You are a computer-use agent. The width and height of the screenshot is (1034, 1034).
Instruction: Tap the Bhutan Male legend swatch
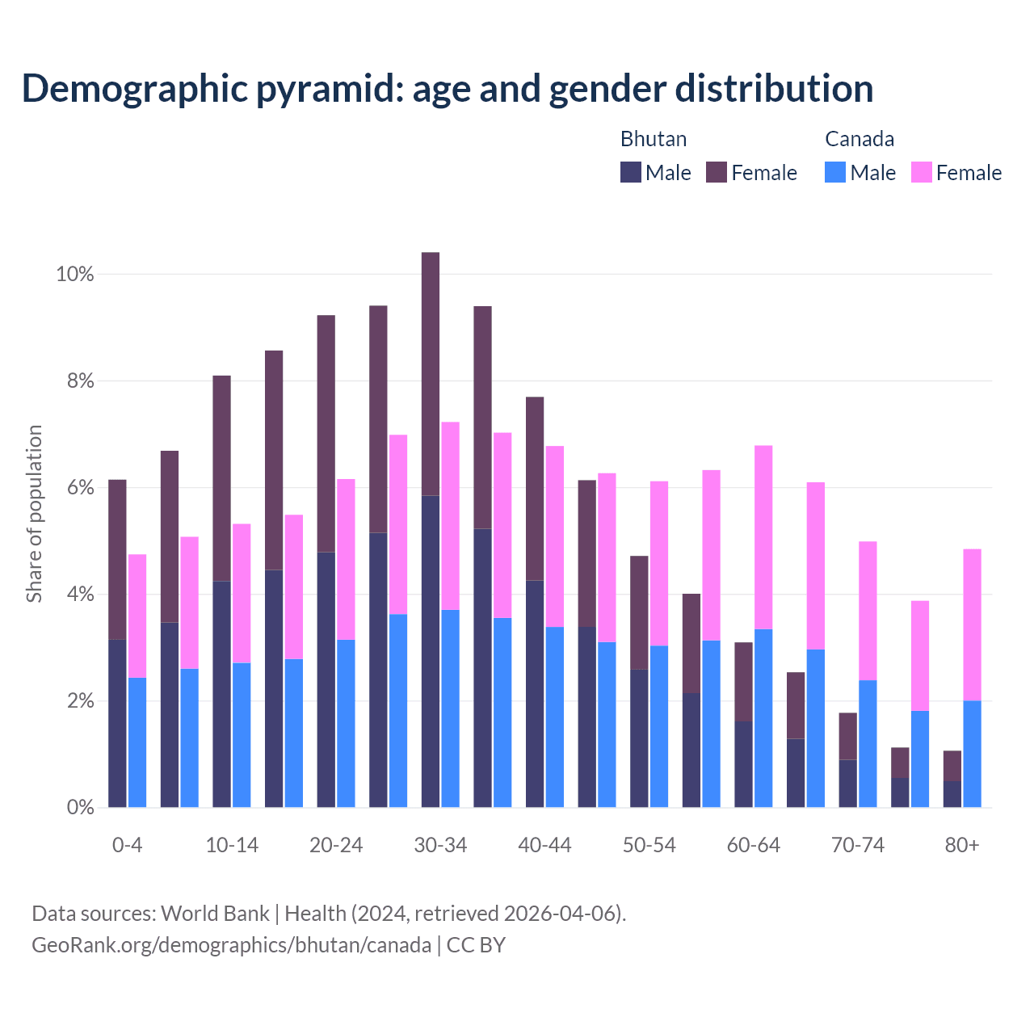click(631, 172)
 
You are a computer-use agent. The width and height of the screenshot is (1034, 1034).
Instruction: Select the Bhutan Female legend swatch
click(717, 172)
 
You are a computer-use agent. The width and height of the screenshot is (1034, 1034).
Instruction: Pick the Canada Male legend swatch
click(835, 172)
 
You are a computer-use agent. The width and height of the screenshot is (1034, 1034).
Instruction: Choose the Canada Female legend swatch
click(922, 172)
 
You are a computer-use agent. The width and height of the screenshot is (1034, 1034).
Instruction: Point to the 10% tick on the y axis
click(75, 275)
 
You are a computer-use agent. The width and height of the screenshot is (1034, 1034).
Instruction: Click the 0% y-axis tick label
click(80, 808)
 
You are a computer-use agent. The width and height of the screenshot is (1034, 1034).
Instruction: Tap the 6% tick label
click(80, 488)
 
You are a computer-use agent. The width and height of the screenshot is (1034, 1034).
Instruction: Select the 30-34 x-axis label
click(440, 846)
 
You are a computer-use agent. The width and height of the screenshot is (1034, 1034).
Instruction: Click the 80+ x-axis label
click(962, 846)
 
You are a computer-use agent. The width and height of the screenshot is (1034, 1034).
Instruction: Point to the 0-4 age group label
click(128, 846)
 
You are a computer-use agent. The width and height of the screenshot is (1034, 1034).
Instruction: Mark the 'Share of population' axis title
click(34, 514)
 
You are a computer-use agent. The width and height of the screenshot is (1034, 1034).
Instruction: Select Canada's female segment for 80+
click(973, 624)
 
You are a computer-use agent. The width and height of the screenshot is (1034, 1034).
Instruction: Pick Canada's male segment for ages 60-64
click(763, 718)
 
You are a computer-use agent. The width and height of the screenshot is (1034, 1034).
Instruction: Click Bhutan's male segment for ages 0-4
click(117, 723)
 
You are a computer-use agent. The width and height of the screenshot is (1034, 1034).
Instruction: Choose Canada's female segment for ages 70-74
click(868, 611)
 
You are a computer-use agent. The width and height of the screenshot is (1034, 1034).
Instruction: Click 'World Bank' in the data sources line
click(215, 914)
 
